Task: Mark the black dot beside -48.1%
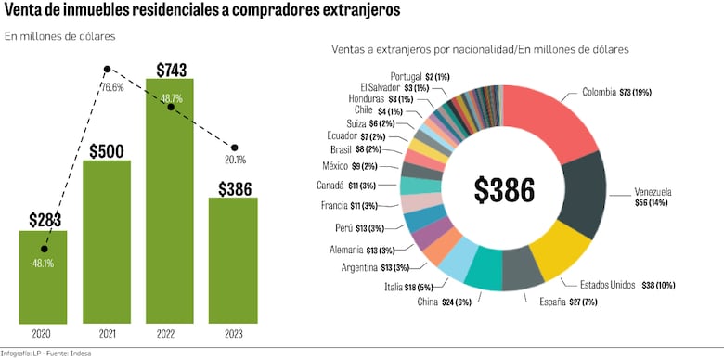[x=44, y=249]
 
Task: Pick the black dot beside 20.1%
[x=234, y=148]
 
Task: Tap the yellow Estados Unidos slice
[x=556, y=250]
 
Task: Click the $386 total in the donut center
[x=504, y=189]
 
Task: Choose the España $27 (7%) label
[x=557, y=302]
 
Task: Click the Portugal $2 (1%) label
[x=421, y=76]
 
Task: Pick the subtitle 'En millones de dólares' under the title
[x=60, y=37]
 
